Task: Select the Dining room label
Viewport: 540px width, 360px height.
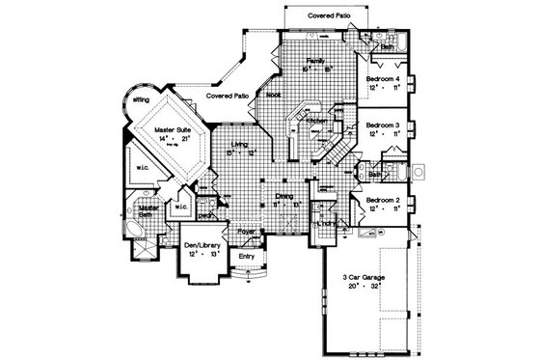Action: [x=284, y=196]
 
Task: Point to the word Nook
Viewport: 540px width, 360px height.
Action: [x=273, y=95]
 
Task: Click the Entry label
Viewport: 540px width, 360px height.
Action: [x=247, y=256]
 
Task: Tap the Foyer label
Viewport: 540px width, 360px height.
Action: [x=247, y=232]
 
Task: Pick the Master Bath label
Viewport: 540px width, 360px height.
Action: [x=148, y=211]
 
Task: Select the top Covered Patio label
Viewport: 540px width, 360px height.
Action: [x=328, y=17]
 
